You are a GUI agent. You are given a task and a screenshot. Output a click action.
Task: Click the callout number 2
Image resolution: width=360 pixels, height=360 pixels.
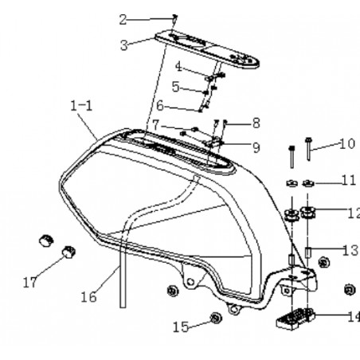[x=123, y=20]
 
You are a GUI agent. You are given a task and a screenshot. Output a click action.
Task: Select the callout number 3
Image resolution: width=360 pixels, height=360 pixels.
[x=124, y=45]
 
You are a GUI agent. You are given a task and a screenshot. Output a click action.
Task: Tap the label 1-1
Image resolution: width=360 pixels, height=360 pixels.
[x=81, y=106]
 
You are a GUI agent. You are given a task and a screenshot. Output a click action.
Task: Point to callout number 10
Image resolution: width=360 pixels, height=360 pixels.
[x=347, y=144]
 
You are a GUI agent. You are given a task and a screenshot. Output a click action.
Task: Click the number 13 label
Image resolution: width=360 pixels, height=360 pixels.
[x=350, y=250]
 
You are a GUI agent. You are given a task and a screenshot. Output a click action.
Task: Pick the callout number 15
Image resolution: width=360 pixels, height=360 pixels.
[x=181, y=327]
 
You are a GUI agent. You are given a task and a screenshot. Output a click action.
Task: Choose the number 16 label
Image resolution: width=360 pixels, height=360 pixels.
[x=88, y=297]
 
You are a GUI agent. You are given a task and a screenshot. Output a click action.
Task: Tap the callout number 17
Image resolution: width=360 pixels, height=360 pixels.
[x=29, y=283]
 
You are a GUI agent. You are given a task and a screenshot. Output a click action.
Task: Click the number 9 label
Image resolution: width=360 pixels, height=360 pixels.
[x=256, y=147]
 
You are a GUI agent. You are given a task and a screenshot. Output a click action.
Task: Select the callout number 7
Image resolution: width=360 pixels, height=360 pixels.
[x=156, y=125]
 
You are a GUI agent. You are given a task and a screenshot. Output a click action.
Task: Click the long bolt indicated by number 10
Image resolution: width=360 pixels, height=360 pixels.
[x=308, y=149]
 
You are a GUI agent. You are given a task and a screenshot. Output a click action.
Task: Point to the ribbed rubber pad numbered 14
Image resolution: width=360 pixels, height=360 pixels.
[x=295, y=319]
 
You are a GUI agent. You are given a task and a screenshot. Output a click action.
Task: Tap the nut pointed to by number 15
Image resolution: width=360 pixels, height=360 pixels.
[x=216, y=318]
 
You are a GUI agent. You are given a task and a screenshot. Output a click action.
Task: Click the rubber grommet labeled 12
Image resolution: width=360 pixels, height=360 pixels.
[x=307, y=213]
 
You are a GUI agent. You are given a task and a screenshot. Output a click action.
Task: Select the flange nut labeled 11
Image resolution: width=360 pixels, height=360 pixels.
[x=308, y=183]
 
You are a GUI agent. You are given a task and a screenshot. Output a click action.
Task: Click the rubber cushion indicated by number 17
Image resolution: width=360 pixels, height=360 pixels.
[x=68, y=252]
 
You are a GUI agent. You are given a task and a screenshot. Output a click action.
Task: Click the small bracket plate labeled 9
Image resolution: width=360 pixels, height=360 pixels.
[x=213, y=142]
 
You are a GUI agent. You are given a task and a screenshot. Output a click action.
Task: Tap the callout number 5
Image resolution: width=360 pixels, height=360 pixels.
[x=175, y=87]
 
